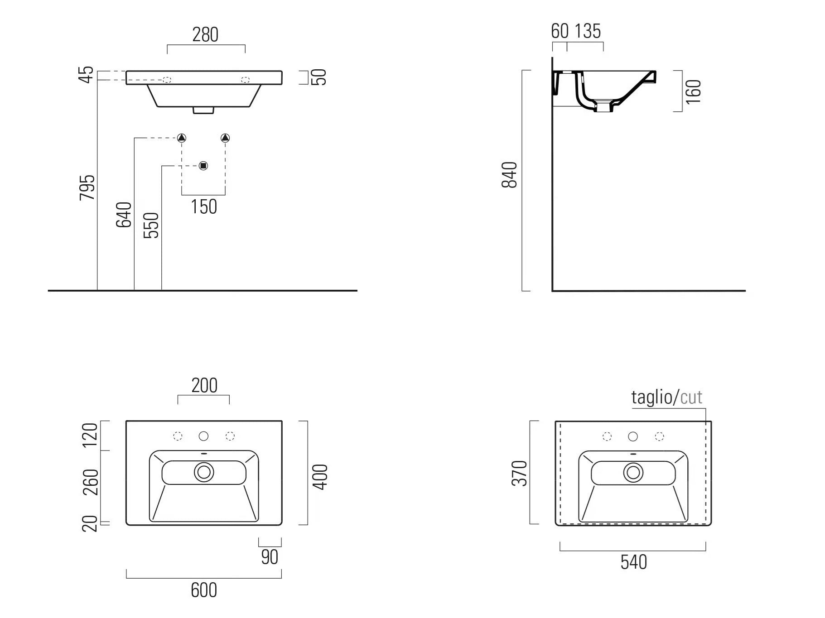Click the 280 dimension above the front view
[x=205, y=35]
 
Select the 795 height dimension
[x=87, y=187]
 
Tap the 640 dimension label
[x=124, y=215]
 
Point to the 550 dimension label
[x=151, y=225]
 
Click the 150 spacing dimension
[x=204, y=207]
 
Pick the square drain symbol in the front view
[x=203, y=166]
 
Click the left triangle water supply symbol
[x=182, y=138]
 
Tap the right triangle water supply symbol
[x=225, y=138]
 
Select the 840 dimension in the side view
[x=510, y=174]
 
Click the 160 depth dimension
[x=693, y=91]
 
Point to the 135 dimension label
[x=588, y=31]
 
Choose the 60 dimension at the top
[x=560, y=31]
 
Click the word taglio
[x=652, y=397]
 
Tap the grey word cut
[x=691, y=398]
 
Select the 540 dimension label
[x=634, y=562]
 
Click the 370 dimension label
[x=520, y=473]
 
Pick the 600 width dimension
[x=204, y=590]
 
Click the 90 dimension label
[x=270, y=557]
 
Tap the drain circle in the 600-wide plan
[x=204, y=472]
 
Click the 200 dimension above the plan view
[x=204, y=386]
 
